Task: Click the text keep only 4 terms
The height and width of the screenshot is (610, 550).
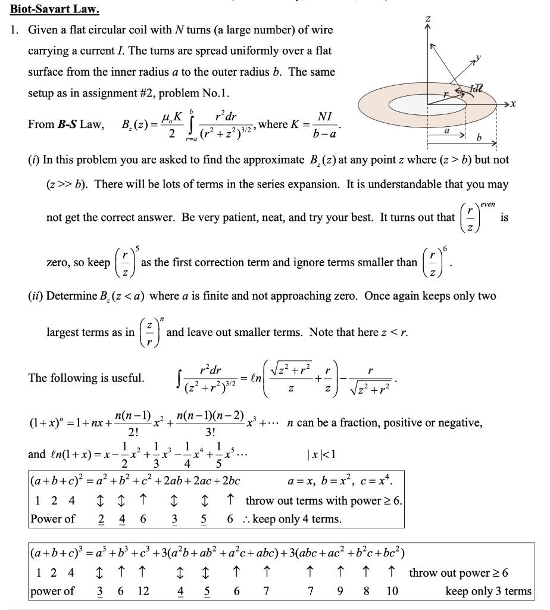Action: (297, 519)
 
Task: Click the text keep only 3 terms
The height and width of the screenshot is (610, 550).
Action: (488, 591)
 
